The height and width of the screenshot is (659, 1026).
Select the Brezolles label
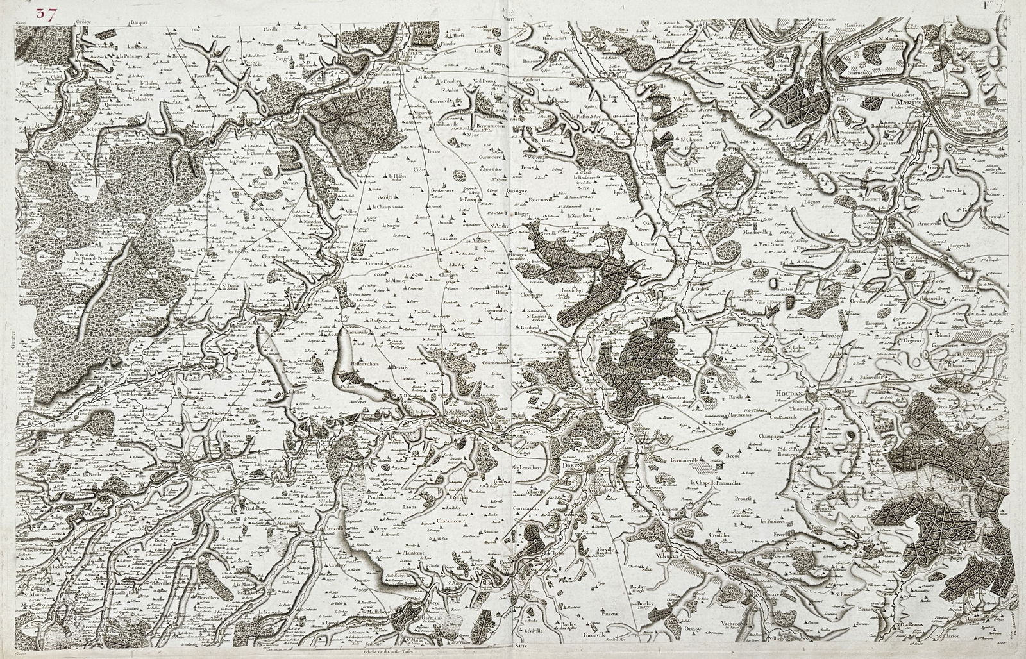point(333,530)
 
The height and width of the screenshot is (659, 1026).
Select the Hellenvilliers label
point(362,363)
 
